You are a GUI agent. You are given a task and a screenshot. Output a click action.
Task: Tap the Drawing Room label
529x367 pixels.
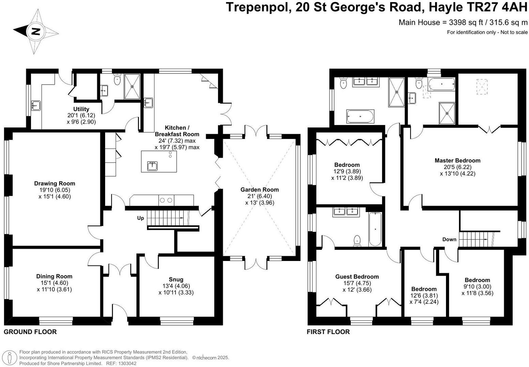click(x=54, y=183)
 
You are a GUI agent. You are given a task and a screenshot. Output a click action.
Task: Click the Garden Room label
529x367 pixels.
click(x=259, y=190)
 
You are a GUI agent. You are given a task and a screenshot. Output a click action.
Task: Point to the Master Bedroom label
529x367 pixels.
click(x=457, y=160)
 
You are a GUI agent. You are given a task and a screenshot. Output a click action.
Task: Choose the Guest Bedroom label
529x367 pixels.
click(x=357, y=277)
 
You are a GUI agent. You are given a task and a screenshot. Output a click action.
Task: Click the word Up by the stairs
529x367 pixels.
click(x=140, y=218)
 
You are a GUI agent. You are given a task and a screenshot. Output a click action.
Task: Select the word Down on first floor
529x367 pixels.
click(x=449, y=239)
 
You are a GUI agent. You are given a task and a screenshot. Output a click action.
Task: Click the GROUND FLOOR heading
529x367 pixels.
click(x=30, y=332)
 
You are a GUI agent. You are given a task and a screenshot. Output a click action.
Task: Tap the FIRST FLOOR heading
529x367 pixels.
click(x=328, y=332)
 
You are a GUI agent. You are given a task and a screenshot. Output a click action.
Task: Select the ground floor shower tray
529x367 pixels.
click(x=132, y=86)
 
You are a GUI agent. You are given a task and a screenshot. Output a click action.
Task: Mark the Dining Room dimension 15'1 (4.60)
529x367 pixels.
click(x=54, y=283)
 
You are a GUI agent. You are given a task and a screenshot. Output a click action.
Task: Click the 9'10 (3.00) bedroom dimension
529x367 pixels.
click(x=477, y=286)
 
